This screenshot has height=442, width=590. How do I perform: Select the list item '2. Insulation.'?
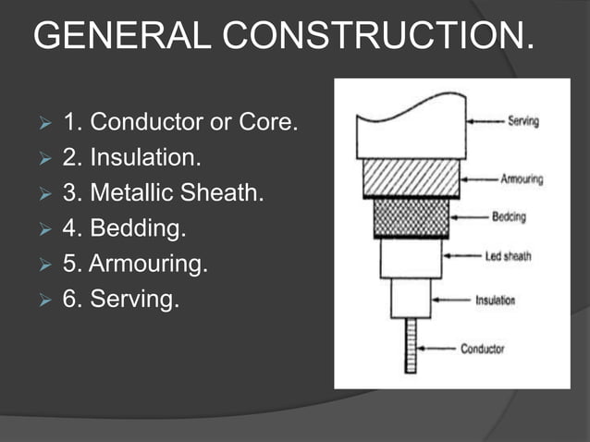tap(130, 158)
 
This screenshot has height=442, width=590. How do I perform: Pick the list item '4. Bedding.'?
tap(123, 229)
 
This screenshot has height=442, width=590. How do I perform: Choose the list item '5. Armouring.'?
tap(135, 264)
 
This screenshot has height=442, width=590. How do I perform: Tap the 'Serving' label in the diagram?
tap(523, 121)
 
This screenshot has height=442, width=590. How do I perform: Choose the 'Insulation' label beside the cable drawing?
tap(496, 300)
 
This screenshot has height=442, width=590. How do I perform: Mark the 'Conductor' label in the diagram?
tap(483, 349)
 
